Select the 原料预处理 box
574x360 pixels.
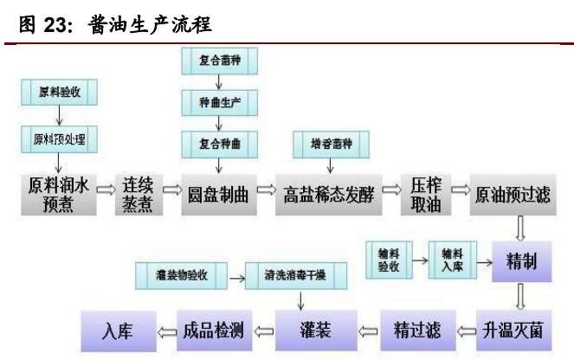pos(59,138)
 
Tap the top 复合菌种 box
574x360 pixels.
pos(219,62)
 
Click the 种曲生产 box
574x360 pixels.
pos(219,102)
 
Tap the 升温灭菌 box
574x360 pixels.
pos(513,330)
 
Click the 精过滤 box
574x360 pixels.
pos(416,330)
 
